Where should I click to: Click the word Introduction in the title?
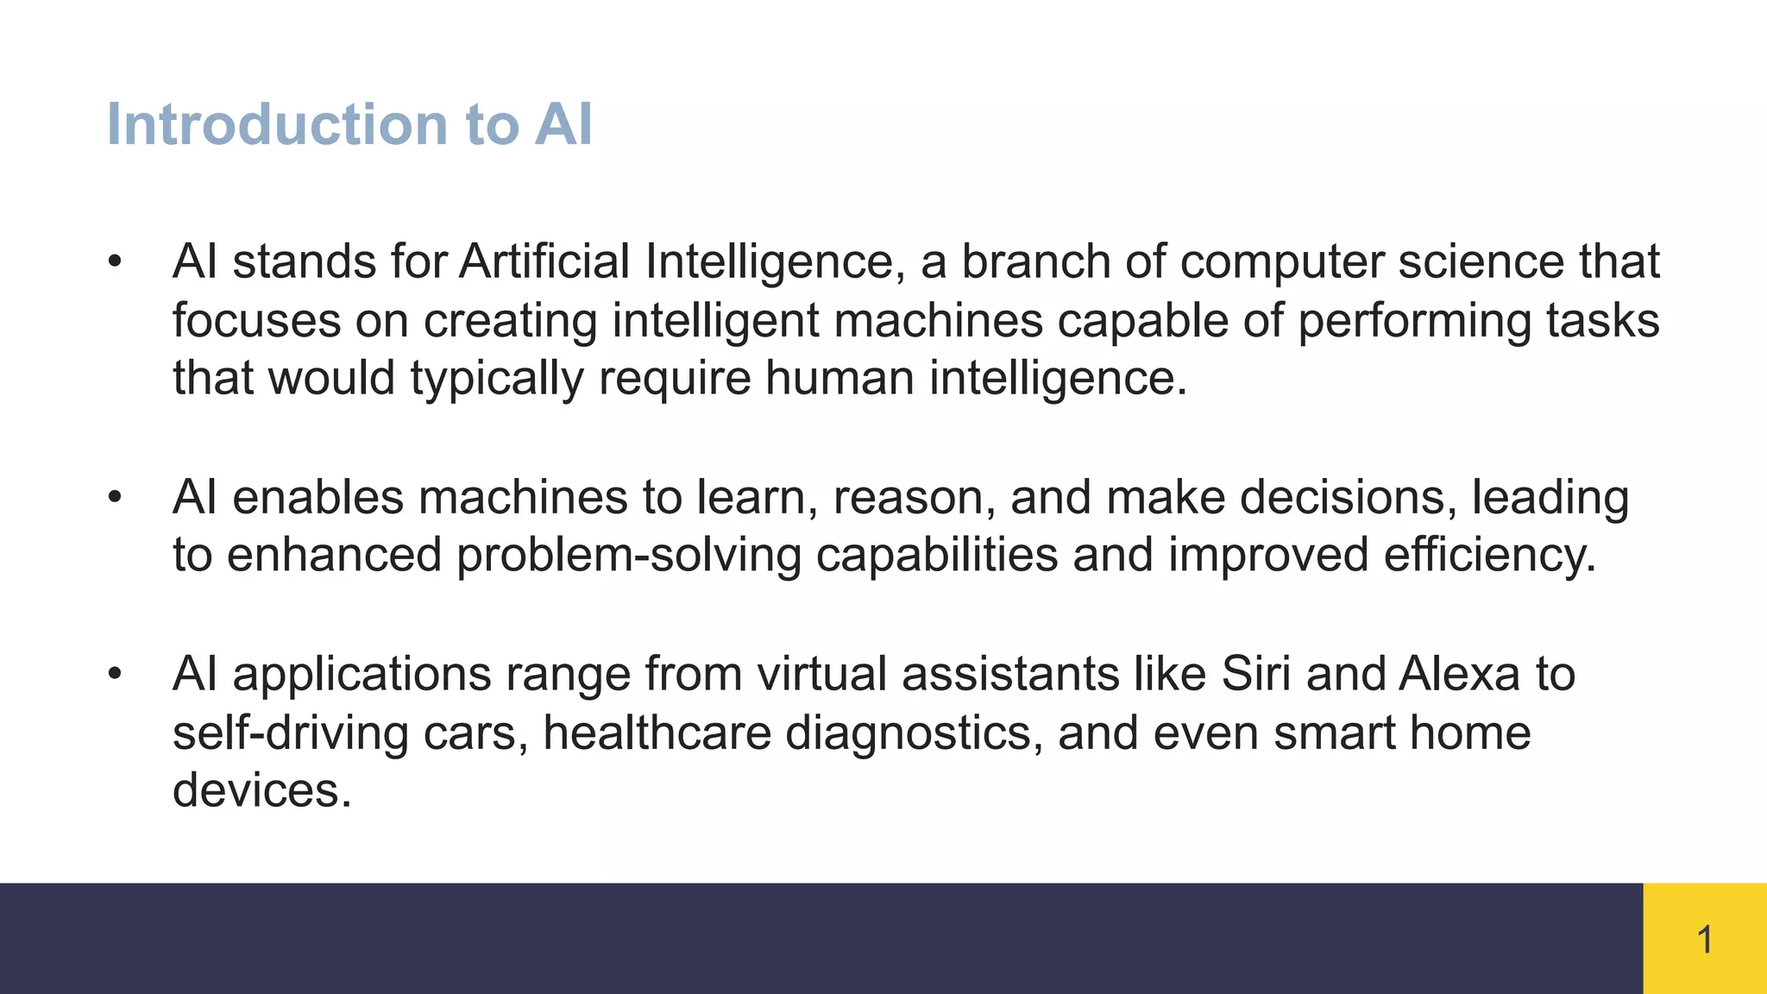(x=276, y=124)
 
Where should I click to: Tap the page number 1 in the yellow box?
(x=1705, y=940)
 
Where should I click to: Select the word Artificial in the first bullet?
(x=544, y=261)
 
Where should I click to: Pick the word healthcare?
(x=657, y=733)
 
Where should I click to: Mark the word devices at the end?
(x=261, y=790)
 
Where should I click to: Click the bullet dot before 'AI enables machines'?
(x=115, y=498)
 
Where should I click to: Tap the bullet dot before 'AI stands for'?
(x=115, y=261)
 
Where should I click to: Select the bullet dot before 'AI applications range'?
(x=115, y=674)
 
